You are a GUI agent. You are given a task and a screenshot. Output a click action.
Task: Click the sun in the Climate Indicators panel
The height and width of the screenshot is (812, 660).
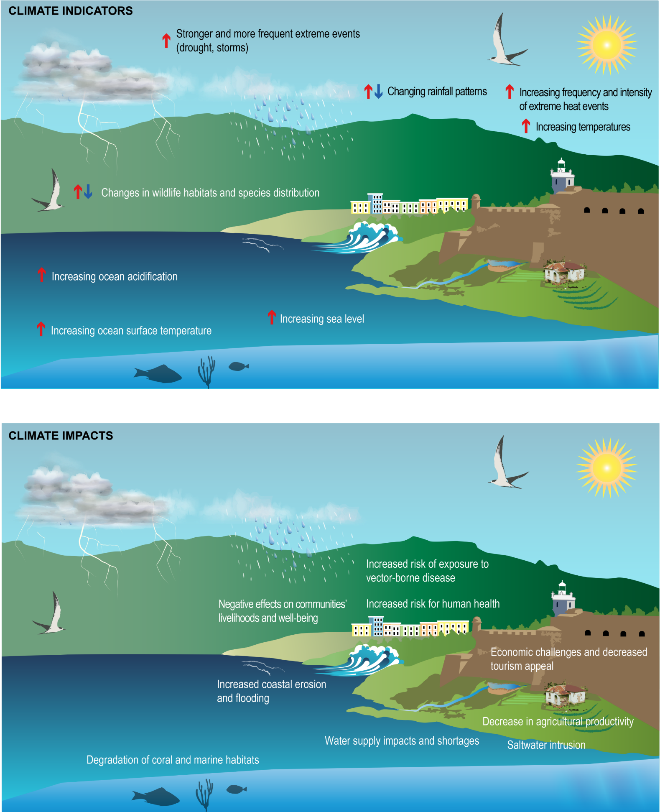tap(606, 45)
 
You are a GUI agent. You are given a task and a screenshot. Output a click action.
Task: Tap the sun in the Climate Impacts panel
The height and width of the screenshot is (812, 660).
tap(606, 468)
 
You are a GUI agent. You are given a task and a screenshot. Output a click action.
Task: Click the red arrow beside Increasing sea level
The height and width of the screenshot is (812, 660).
tap(272, 317)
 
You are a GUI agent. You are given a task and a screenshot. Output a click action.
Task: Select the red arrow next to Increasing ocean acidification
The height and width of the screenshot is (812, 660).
tap(41, 275)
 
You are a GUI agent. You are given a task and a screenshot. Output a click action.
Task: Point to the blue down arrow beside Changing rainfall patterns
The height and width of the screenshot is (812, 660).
tap(378, 91)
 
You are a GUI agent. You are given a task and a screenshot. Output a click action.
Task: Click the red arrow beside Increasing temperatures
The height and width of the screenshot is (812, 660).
tap(526, 126)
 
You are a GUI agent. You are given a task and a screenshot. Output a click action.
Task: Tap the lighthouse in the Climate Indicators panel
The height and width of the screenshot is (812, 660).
tap(562, 176)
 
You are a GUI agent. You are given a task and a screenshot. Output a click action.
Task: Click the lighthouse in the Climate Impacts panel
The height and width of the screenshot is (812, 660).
tap(563, 598)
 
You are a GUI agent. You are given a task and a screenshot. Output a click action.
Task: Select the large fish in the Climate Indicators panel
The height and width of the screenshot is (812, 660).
tap(158, 374)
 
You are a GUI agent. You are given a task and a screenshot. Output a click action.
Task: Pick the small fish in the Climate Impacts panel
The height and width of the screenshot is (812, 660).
tap(237, 789)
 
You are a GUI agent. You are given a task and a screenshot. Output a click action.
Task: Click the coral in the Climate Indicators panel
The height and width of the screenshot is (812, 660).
tap(206, 372)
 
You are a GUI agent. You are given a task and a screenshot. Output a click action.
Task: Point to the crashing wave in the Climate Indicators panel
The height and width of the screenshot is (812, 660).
tap(359, 237)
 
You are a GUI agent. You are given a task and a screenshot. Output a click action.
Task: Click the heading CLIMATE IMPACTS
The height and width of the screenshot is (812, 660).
tap(61, 436)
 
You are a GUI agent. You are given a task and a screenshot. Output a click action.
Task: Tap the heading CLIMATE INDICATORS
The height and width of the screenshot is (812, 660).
tap(71, 11)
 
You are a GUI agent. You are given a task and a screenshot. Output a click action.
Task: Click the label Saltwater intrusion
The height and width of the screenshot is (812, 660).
tap(546, 745)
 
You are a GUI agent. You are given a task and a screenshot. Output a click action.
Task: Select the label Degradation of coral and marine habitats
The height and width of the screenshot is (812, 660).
tap(173, 760)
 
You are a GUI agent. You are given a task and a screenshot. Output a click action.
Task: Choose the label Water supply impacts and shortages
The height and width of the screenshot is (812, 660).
tap(402, 741)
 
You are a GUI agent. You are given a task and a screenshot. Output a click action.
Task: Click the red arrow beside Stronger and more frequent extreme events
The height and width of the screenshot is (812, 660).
tap(166, 40)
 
